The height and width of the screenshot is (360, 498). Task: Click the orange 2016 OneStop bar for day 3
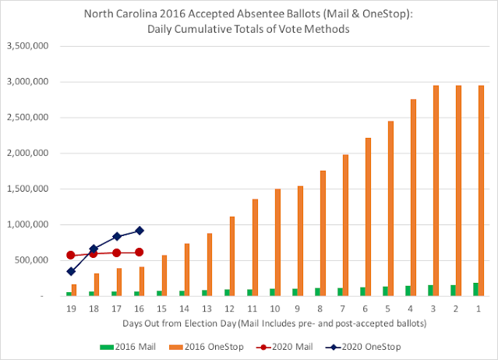[x=436, y=190]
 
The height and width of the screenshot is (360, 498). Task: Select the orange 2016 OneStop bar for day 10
[x=277, y=242]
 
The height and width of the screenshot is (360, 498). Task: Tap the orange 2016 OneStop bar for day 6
[x=368, y=217]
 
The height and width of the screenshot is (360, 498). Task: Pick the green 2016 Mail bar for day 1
[x=475, y=289]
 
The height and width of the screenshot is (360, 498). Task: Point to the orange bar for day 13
[x=210, y=264]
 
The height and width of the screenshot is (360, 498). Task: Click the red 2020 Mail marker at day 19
[x=71, y=255]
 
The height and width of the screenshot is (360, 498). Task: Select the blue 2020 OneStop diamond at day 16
[x=139, y=231]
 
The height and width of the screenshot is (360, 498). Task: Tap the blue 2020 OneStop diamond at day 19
[x=71, y=272]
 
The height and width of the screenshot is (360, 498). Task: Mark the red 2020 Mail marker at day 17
[x=117, y=253]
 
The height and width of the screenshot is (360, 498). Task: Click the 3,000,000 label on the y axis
[x=28, y=82]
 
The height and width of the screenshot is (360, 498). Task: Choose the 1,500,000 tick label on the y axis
[x=28, y=189]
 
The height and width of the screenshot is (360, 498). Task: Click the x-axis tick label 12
[x=230, y=309]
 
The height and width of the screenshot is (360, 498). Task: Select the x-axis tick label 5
[x=388, y=309]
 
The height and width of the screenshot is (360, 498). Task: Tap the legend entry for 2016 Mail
[x=128, y=347]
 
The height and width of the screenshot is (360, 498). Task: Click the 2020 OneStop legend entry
[x=363, y=347]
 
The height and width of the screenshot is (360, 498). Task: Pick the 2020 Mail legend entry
[x=284, y=347]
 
